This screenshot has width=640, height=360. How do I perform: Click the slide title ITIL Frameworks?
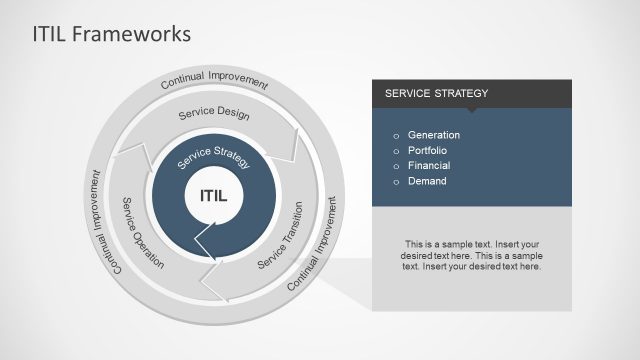97,34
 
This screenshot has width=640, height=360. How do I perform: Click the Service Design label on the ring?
214,114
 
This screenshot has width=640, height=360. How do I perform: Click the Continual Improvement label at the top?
214,81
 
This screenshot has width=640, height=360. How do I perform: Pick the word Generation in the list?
434,135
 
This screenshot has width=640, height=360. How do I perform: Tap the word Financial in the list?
429,165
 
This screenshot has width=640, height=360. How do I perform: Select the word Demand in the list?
427,181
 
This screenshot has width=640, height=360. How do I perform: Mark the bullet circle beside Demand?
396,182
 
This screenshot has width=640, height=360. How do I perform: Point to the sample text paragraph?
471,255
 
